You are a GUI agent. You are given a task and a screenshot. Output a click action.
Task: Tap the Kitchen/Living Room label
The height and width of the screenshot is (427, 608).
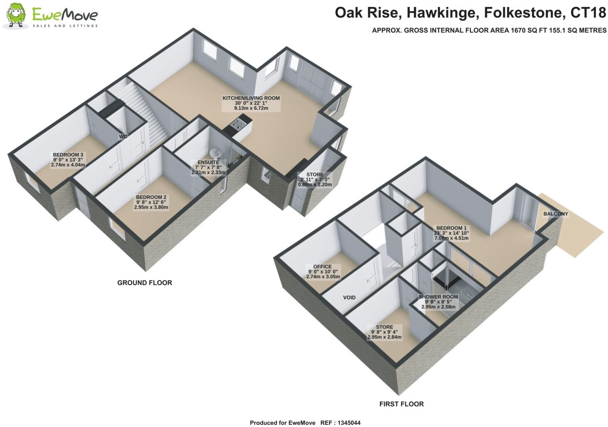(251, 98)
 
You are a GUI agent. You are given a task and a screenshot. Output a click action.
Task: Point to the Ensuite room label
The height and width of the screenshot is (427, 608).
(208, 163)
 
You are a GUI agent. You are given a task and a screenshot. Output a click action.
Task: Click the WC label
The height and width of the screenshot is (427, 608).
(123, 136)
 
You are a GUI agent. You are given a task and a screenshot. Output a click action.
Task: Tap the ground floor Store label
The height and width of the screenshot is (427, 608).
(315, 175)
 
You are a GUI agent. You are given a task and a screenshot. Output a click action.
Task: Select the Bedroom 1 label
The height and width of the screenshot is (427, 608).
(451, 228)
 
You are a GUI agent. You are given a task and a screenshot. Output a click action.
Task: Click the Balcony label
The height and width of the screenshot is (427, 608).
(555, 214)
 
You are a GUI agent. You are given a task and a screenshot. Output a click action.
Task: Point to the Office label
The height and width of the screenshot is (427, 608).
(322, 267)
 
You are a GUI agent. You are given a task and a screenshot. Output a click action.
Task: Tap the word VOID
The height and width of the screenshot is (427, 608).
(349, 297)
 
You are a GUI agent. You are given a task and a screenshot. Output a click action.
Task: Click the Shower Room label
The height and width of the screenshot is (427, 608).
(438, 297)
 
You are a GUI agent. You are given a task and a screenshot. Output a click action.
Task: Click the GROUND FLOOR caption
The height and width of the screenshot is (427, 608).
(144, 283)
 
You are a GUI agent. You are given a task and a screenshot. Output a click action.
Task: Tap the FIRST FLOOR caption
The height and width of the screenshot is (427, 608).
(401, 404)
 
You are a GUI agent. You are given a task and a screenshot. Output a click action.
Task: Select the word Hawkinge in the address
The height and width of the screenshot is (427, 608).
(440, 13)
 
